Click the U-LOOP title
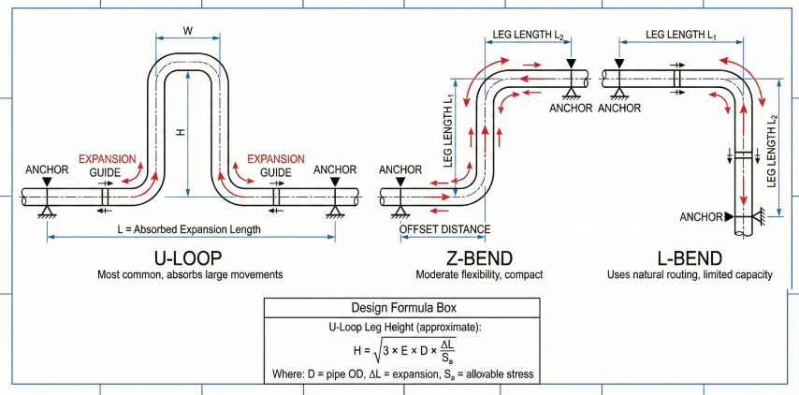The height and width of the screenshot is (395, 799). (190, 257)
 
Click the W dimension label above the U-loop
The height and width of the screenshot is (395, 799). (188, 30)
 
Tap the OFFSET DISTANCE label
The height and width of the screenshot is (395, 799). (444, 228)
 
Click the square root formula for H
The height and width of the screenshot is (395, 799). (403, 352)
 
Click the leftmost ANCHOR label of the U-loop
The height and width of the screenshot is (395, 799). (47, 169)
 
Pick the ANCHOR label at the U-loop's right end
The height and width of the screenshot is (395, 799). (335, 169)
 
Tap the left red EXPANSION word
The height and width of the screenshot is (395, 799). (107, 158)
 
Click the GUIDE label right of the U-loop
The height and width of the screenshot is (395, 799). (275, 172)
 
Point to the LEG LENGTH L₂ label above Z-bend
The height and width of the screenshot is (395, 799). (528, 35)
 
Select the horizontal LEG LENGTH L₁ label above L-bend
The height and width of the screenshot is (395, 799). (681, 35)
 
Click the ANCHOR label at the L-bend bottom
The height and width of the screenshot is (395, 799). (701, 217)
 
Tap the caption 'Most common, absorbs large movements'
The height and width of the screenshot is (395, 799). (190, 275)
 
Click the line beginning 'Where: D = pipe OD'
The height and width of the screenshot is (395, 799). (402, 375)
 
